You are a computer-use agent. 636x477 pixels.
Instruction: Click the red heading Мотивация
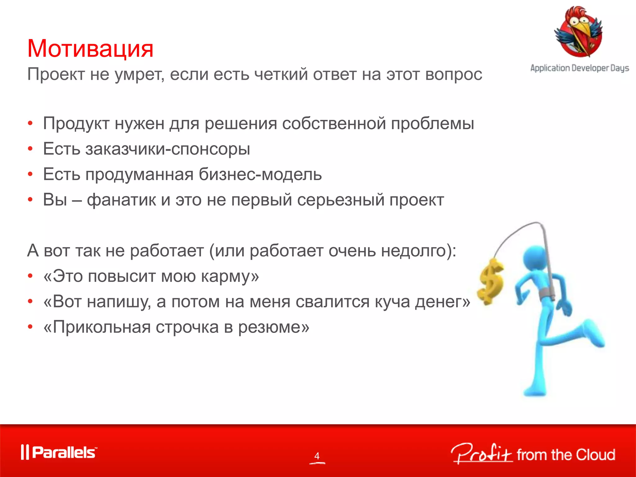90,49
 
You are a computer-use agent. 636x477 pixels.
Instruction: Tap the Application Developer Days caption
579,68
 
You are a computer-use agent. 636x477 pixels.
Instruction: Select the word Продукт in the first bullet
76,124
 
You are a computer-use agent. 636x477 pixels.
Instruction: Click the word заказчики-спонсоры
168,149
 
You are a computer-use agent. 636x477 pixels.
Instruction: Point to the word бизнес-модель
260,174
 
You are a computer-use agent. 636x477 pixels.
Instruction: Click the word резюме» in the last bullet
274,327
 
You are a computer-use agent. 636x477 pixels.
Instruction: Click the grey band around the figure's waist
548,293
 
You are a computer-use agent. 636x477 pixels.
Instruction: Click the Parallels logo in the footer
59,452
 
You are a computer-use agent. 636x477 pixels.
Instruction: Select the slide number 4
317,456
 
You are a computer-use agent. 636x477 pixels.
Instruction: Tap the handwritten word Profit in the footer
481,454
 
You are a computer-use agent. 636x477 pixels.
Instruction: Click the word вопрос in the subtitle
453,75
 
